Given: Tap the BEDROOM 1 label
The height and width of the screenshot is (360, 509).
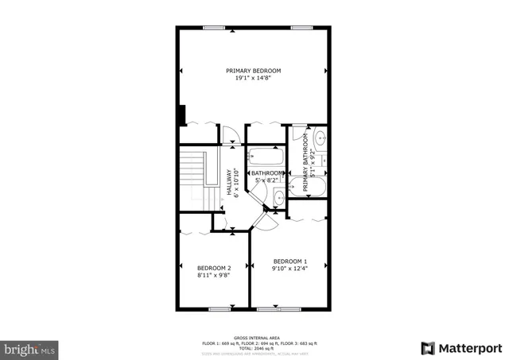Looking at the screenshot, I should (289, 261).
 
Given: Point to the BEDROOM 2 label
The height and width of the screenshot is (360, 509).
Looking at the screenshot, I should (214, 268).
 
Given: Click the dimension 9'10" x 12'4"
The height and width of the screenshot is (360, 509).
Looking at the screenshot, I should (289, 269).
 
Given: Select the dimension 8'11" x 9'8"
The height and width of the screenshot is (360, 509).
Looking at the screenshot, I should (214, 276).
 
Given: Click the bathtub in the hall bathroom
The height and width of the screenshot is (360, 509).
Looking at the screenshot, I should (266, 157).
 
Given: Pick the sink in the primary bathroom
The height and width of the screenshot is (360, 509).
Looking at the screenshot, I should (320, 140).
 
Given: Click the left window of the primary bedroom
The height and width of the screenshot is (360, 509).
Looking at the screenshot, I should (213, 28).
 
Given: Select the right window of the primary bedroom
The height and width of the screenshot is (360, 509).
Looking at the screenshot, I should (301, 28).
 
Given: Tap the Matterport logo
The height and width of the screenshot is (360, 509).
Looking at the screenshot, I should (461, 348).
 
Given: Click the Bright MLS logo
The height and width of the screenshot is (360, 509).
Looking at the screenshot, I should (30, 348).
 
